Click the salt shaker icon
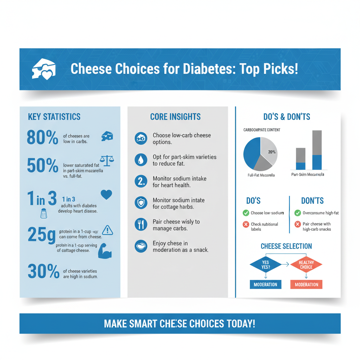point(44,213)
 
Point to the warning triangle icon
point(107,230)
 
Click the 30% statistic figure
point(43,272)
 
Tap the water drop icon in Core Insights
point(141,160)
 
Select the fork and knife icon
point(141,225)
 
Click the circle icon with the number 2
point(141,182)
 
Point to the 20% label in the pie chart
point(272,152)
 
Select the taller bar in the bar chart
point(317,150)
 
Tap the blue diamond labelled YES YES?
point(265,265)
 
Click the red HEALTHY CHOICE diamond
point(306,265)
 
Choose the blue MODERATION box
point(265,284)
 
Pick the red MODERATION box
point(306,284)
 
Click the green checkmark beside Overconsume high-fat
point(297,213)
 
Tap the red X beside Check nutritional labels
point(246,224)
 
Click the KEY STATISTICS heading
point(54,117)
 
